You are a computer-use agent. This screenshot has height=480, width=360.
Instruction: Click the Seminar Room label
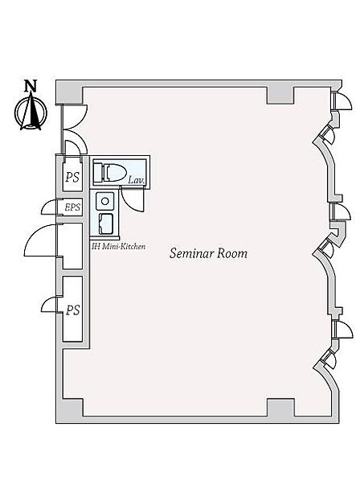click(208, 253)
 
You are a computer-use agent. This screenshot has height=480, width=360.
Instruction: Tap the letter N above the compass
click(31, 86)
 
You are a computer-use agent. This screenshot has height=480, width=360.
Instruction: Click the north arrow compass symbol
click(31, 112)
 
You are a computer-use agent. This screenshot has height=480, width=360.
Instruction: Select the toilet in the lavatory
click(110, 172)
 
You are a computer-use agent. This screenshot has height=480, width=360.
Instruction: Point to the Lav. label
click(136, 180)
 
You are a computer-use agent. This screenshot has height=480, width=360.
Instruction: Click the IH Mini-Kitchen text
click(119, 246)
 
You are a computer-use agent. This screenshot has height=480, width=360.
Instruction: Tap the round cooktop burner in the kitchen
click(105, 201)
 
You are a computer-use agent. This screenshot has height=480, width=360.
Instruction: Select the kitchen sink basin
click(105, 224)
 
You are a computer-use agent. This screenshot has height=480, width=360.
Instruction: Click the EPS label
click(72, 207)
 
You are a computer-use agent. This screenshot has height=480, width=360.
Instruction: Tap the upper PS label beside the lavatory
click(72, 177)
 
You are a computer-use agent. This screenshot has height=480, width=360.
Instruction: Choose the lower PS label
click(73, 310)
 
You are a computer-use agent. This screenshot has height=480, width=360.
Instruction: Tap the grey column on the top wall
click(280, 95)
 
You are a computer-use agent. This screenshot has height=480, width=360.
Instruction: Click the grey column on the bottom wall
click(280, 408)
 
